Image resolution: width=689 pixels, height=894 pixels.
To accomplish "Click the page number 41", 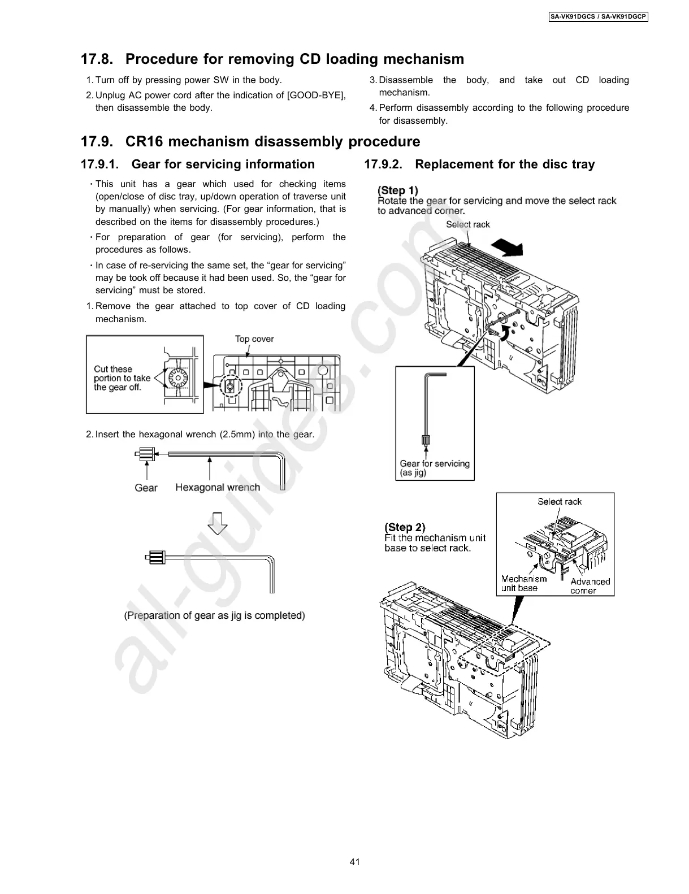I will pos(355,862).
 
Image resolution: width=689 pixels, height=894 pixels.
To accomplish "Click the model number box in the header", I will pos(599,17).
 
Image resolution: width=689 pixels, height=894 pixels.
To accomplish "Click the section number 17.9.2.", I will pos(384,164).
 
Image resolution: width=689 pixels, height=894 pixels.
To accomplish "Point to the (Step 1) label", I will pos(398,190).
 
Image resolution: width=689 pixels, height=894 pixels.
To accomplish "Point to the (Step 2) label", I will pos(405,527).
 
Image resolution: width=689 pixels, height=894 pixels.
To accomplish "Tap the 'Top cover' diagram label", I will pos(254,339).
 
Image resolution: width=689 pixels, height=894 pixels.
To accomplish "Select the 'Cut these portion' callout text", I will pos(122,378).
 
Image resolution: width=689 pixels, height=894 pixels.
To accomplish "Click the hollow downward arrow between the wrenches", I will pos(218,523).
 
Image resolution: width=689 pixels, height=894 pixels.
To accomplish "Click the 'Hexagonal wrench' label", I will pos(218,487).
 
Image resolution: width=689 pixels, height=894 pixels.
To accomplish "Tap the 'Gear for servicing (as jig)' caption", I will pos(435,468).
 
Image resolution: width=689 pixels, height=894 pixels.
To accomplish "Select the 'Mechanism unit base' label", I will pos(524,583).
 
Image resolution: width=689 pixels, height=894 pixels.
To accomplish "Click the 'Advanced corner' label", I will pos(590,586).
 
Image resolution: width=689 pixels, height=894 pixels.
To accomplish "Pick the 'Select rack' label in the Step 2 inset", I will pos(559,502).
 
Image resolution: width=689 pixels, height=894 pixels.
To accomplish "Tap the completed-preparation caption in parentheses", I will pos(215,615).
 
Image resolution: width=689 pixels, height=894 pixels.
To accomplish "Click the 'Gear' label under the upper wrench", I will pos(146,488).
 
